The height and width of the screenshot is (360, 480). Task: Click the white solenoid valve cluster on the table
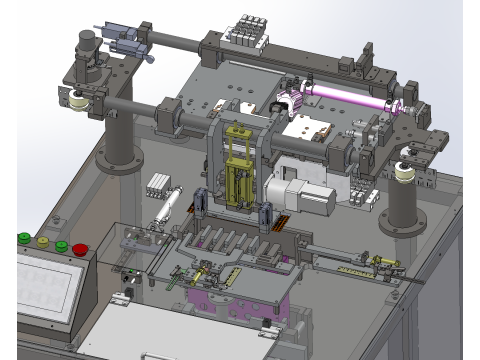tap(161, 184)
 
